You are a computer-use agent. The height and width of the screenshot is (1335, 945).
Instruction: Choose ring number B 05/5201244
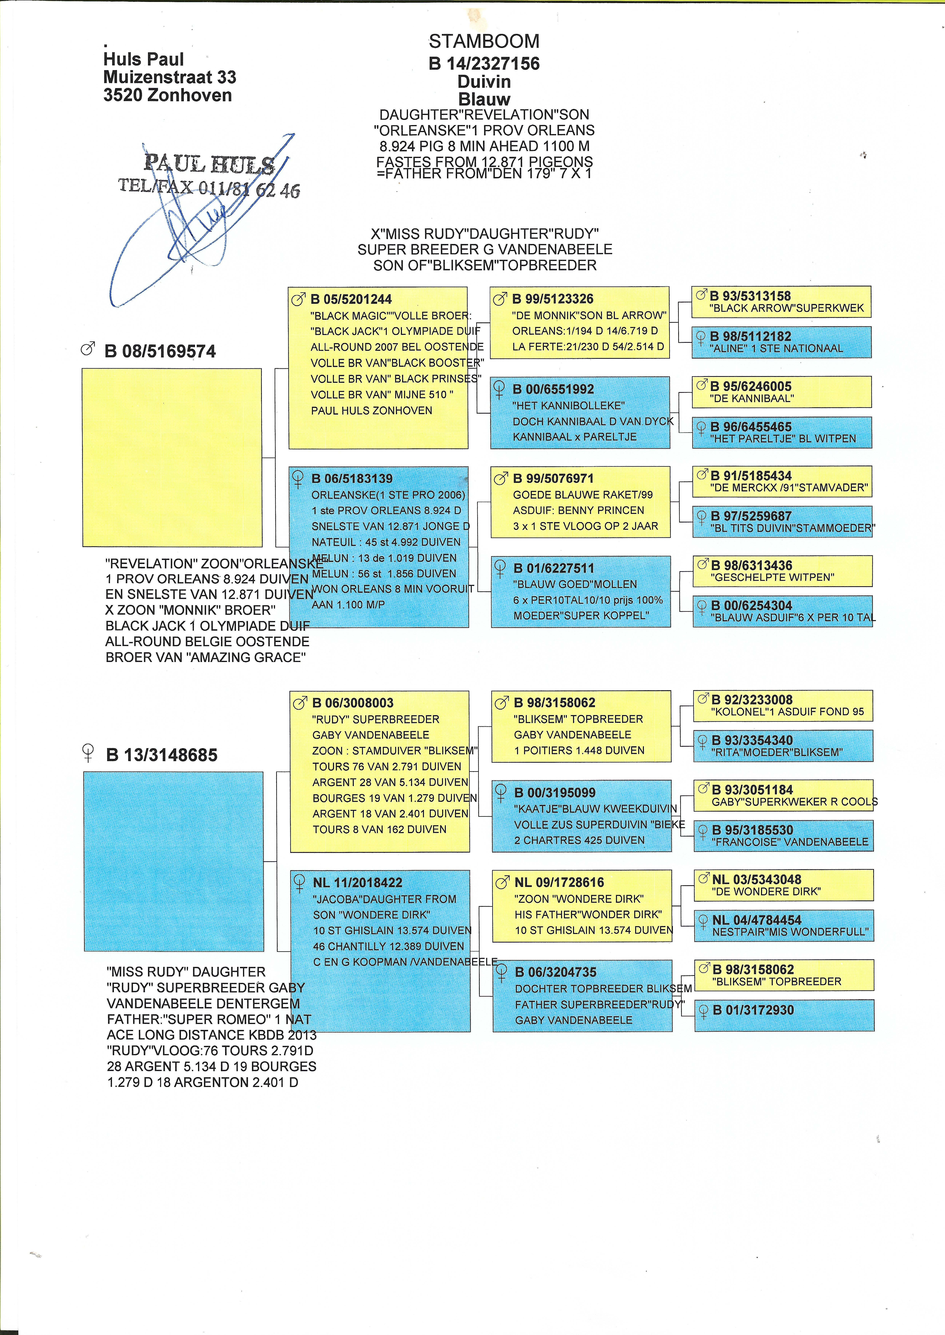pyautogui.click(x=351, y=299)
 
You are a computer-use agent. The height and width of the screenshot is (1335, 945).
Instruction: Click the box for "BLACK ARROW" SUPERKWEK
pyautogui.click(x=781, y=302)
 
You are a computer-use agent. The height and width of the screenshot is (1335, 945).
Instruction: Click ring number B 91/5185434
pyautogui.click(x=751, y=476)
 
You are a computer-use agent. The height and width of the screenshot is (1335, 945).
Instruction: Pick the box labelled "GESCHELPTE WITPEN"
pyautogui.click(x=783, y=571)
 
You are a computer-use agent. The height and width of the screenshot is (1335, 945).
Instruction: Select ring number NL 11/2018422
pyautogui.click(x=357, y=883)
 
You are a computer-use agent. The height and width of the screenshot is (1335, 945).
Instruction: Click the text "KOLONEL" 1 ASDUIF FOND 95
pyautogui.click(x=787, y=712)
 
